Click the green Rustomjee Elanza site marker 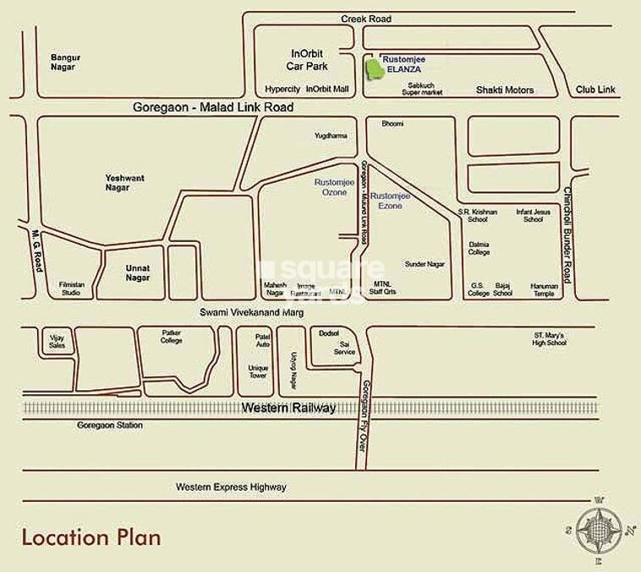point(373,69)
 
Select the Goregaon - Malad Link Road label point(213,107)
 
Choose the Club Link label point(595,89)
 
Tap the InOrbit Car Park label point(304,59)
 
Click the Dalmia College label point(479,248)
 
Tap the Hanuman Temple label point(544,289)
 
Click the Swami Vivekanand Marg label point(250,312)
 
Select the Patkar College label point(172,337)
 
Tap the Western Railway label point(288,408)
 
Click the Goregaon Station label point(109,425)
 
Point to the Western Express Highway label point(231,487)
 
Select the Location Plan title point(90,536)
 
